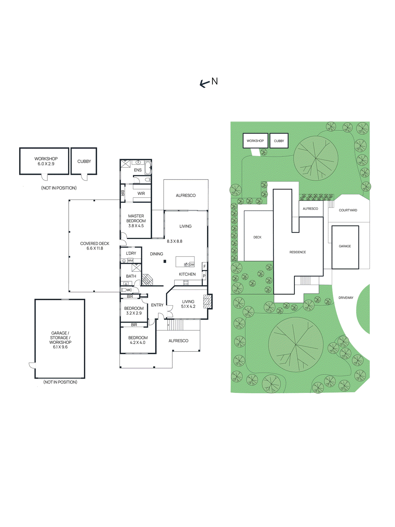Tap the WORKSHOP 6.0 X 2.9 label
46,161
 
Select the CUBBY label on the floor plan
84,161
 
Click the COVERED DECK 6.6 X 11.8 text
94,246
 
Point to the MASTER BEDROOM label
136,221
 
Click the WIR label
141,194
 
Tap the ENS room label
138,170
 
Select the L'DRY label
131,253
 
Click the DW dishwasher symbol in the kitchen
192,264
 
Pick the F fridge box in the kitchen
204,266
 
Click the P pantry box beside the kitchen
204,276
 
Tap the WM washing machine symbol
130,261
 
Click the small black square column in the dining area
165,262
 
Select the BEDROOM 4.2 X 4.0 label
138,340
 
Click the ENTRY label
157,305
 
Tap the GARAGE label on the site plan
345,246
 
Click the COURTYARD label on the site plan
348,210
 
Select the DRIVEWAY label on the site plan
346,298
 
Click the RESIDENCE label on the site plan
298,252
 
